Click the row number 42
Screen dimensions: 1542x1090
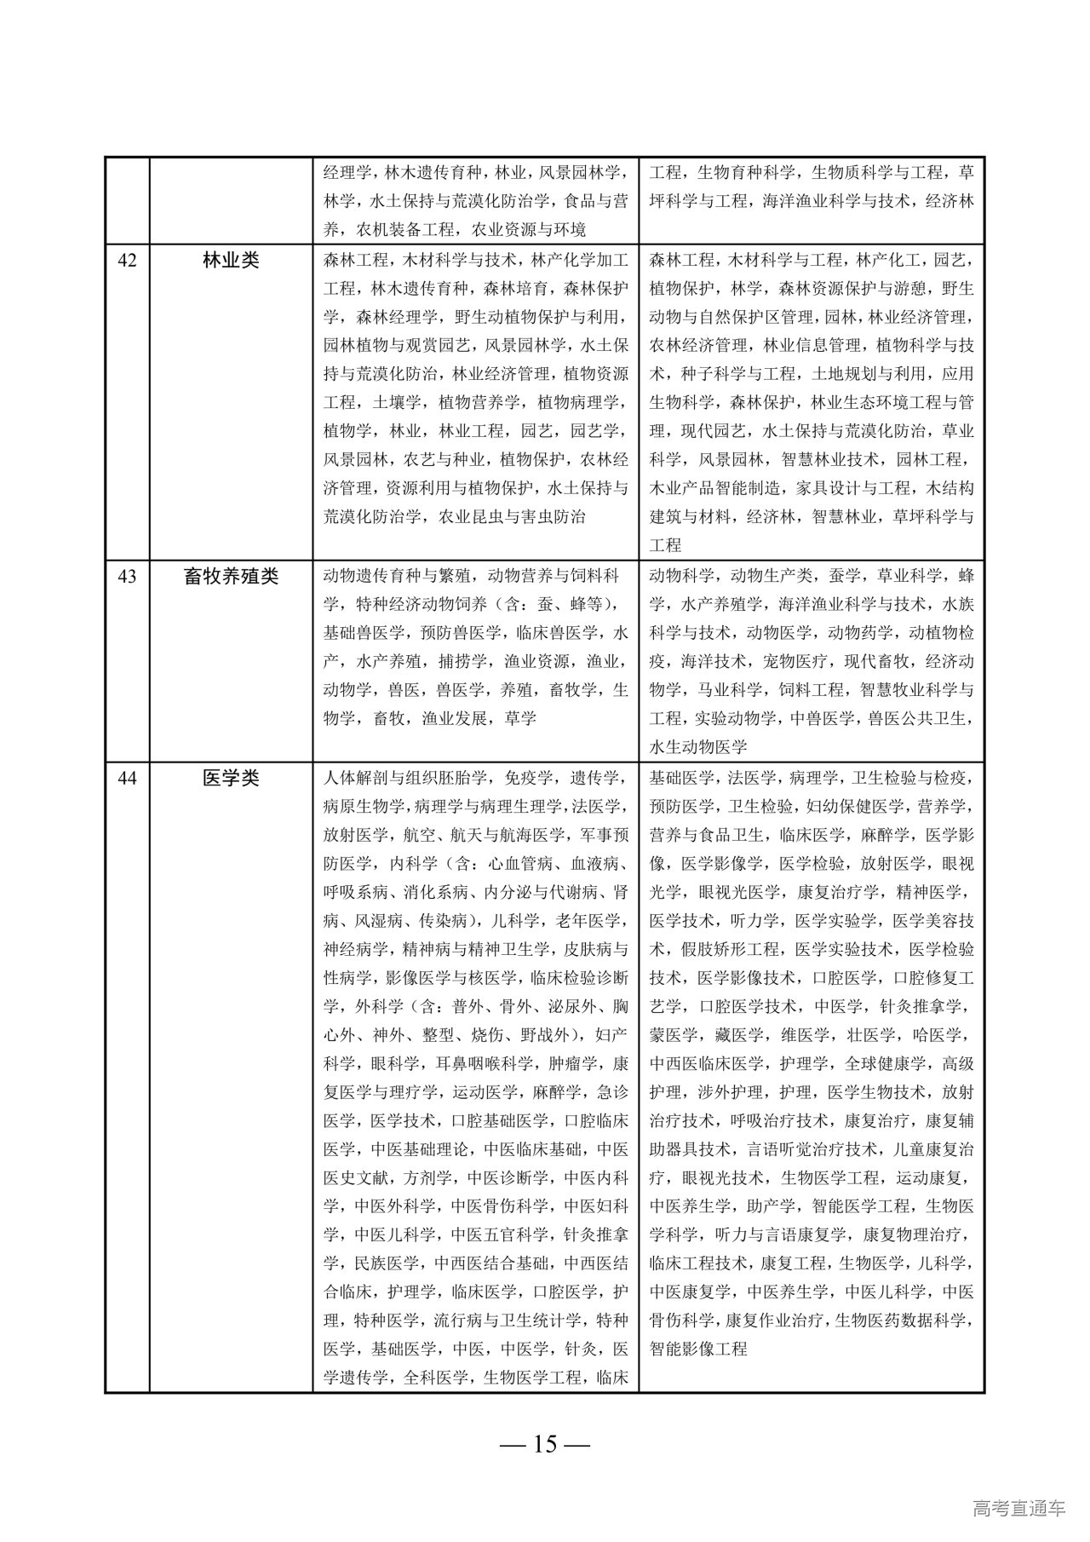[127, 261]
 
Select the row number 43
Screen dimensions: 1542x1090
[127, 577]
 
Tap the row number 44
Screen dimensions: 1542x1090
[127, 778]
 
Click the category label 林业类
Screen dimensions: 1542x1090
[231, 261]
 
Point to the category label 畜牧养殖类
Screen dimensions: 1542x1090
[231, 577]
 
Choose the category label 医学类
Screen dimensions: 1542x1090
[231, 778]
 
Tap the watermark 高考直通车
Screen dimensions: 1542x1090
[1018, 1509]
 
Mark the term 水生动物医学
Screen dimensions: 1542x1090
[697, 747]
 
